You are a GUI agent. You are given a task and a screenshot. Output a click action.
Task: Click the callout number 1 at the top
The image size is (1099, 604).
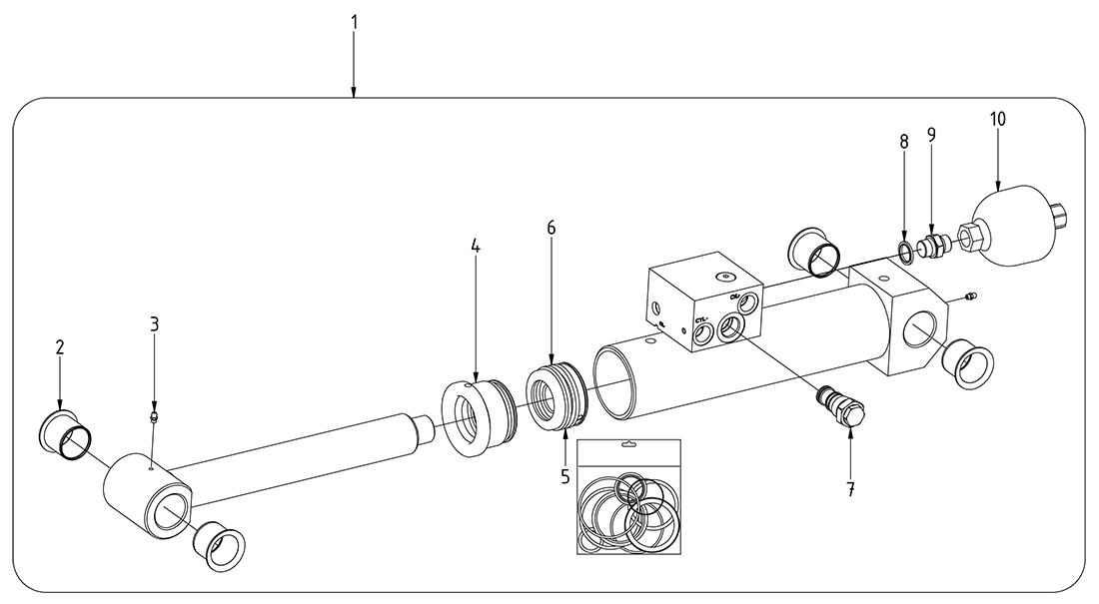pyautogui.click(x=354, y=21)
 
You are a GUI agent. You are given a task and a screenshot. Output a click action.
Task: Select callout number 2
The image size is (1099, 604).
pyautogui.click(x=60, y=347)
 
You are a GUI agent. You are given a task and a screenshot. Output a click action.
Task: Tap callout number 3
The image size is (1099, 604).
pyautogui.click(x=155, y=323)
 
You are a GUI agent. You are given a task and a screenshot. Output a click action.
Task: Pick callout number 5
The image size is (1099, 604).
pyautogui.click(x=564, y=477)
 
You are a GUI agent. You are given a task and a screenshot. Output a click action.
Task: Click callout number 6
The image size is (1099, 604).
pyautogui.click(x=550, y=228)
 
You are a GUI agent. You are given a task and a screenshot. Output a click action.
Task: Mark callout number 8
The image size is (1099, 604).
pyautogui.click(x=904, y=142)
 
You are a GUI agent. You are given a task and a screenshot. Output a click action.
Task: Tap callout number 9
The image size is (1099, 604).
pyautogui.click(x=931, y=134)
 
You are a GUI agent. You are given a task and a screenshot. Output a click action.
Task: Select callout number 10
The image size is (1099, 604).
pyautogui.click(x=998, y=119)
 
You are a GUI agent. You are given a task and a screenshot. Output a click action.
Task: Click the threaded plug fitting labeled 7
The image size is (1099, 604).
pyautogui.click(x=843, y=408)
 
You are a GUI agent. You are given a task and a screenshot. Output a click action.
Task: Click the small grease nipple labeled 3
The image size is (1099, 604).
pyautogui.click(x=155, y=413)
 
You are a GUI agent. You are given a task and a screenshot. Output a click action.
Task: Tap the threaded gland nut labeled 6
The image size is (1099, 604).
pyautogui.click(x=554, y=399)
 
